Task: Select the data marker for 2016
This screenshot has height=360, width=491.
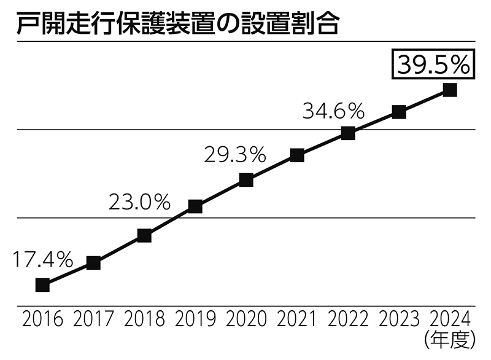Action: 42,284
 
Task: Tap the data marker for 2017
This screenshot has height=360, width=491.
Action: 93,263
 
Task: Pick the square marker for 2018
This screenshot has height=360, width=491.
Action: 144,235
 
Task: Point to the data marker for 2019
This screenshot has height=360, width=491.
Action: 195,206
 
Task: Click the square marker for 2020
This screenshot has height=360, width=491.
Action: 246,180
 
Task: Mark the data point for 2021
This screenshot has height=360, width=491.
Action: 297,155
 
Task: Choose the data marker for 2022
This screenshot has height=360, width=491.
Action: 348,133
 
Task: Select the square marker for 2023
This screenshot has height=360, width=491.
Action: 399,112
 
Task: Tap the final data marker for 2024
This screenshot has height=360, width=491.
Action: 450,90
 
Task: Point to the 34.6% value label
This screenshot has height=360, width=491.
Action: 334,112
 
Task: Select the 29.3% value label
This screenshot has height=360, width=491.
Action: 234,154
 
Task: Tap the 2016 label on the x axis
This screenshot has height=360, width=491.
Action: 42,319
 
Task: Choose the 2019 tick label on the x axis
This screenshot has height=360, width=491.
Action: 195,319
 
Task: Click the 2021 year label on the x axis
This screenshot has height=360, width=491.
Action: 297,319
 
